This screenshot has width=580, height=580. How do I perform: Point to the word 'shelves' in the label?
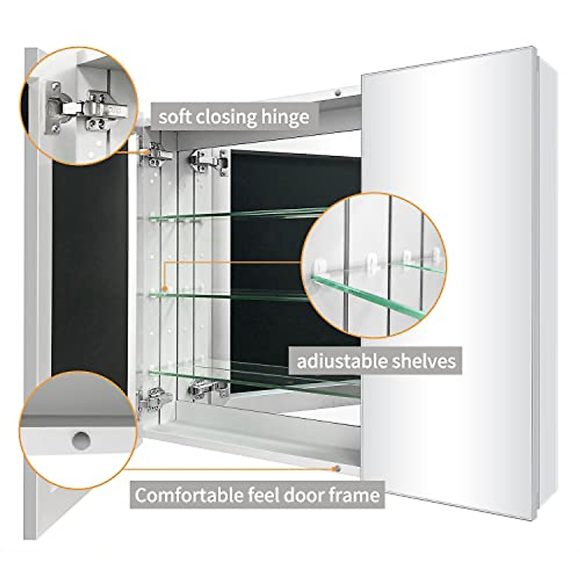(x=426, y=361)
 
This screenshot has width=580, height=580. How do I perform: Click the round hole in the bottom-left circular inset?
(x=81, y=440)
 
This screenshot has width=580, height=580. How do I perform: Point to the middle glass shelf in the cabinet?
(x=232, y=292)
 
